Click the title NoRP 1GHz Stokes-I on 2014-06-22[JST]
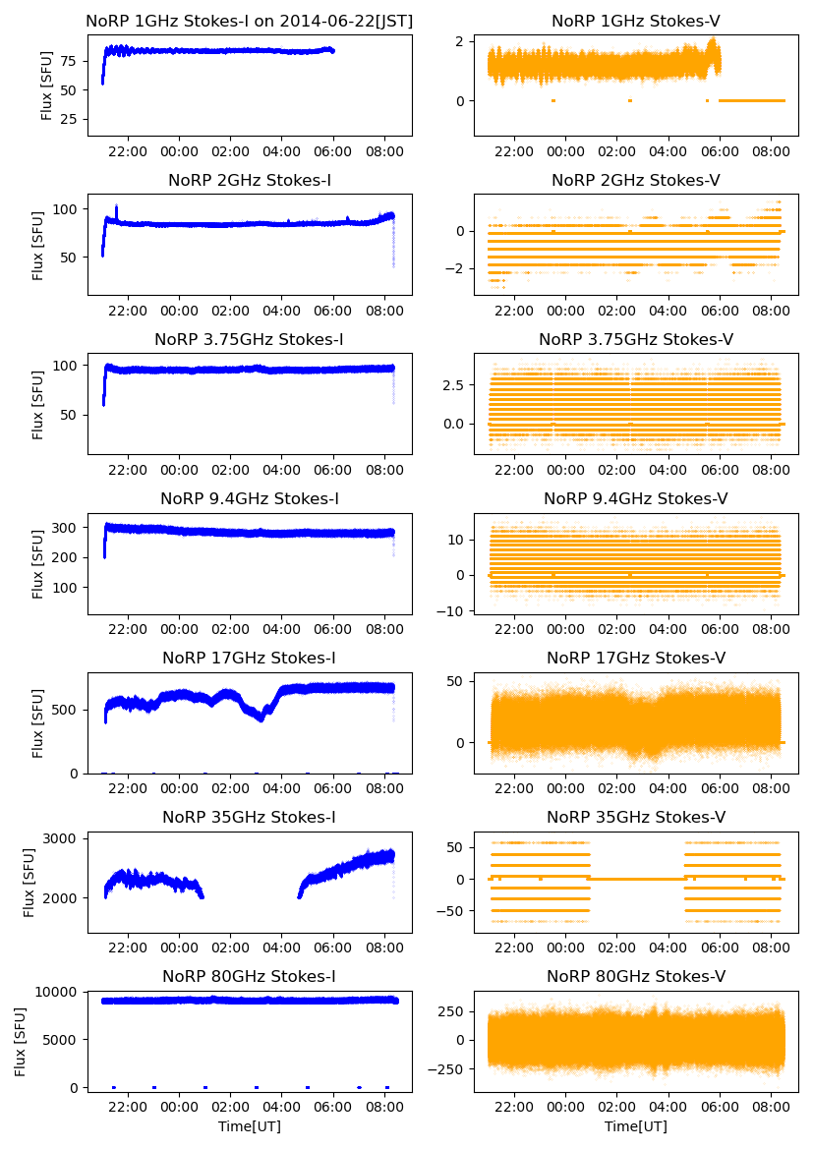[x=250, y=21]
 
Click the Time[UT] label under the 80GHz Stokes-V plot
[x=636, y=1126]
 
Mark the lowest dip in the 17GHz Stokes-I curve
[x=261, y=719]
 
